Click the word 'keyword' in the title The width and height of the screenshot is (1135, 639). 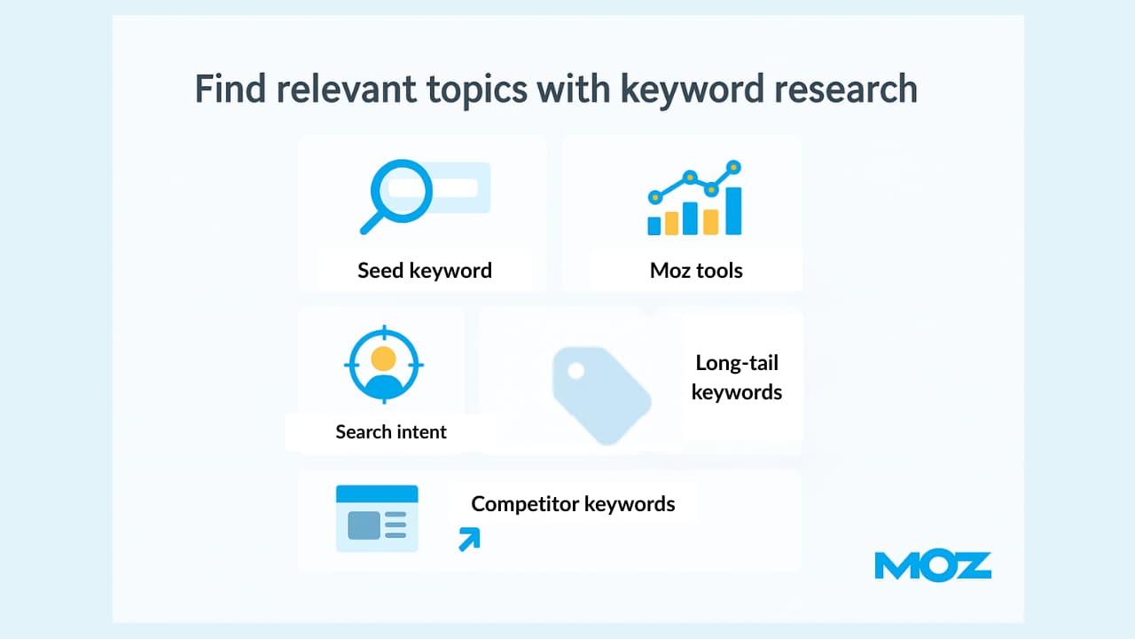(x=692, y=90)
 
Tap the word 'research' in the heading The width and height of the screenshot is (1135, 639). (x=846, y=89)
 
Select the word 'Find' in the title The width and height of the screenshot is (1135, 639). (x=230, y=88)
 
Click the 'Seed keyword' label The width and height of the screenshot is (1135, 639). (x=425, y=271)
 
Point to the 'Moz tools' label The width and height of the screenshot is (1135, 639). (x=696, y=271)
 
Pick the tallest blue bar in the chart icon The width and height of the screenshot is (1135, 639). (x=733, y=211)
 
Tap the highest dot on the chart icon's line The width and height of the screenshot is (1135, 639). (x=733, y=167)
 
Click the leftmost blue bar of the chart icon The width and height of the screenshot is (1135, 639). (x=654, y=225)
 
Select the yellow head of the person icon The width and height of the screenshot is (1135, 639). (x=383, y=359)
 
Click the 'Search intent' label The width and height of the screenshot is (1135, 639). (x=391, y=432)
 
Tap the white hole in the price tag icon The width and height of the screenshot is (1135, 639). (x=575, y=371)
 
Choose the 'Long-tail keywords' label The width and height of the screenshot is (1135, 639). (x=737, y=377)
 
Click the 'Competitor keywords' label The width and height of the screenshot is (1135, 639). (x=573, y=504)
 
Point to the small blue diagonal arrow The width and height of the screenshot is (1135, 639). (x=469, y=539)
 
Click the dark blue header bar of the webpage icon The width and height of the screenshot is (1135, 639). (x=377, y=494)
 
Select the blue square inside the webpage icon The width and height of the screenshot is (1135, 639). (x=364, y=525)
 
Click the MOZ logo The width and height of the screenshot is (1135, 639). (x=933, y=565)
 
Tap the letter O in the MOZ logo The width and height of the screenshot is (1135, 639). (x=934, y=565)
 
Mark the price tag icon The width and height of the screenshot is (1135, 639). (x=601, y=396)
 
